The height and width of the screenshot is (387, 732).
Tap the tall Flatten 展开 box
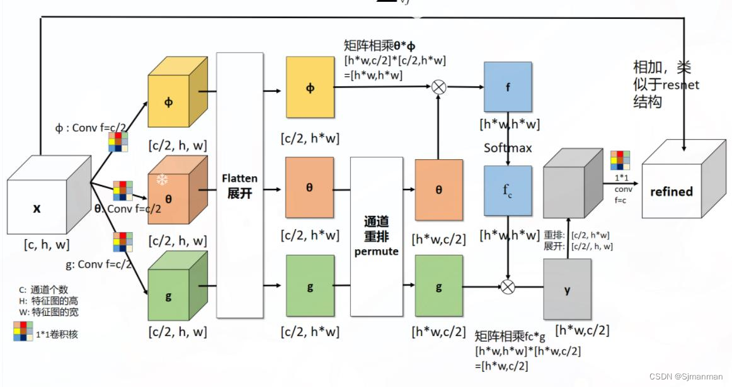point(240,186)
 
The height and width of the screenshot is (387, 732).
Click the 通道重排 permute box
point(376,236)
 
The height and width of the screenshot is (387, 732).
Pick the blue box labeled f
point(508,87)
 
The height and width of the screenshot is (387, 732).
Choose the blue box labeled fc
point(508,191)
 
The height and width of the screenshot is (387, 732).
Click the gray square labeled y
point(567,289)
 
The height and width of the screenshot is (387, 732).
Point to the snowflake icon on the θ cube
point(163,180)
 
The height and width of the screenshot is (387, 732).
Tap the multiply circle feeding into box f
point(439,87)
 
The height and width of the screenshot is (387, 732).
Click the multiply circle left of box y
point(508,287)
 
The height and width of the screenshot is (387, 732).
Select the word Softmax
point(508,148)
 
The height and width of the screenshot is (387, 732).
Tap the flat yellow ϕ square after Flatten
point(310,87)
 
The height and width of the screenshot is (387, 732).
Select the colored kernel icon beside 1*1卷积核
point(23,331)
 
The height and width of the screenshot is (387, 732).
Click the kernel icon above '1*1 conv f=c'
point(620,160)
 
